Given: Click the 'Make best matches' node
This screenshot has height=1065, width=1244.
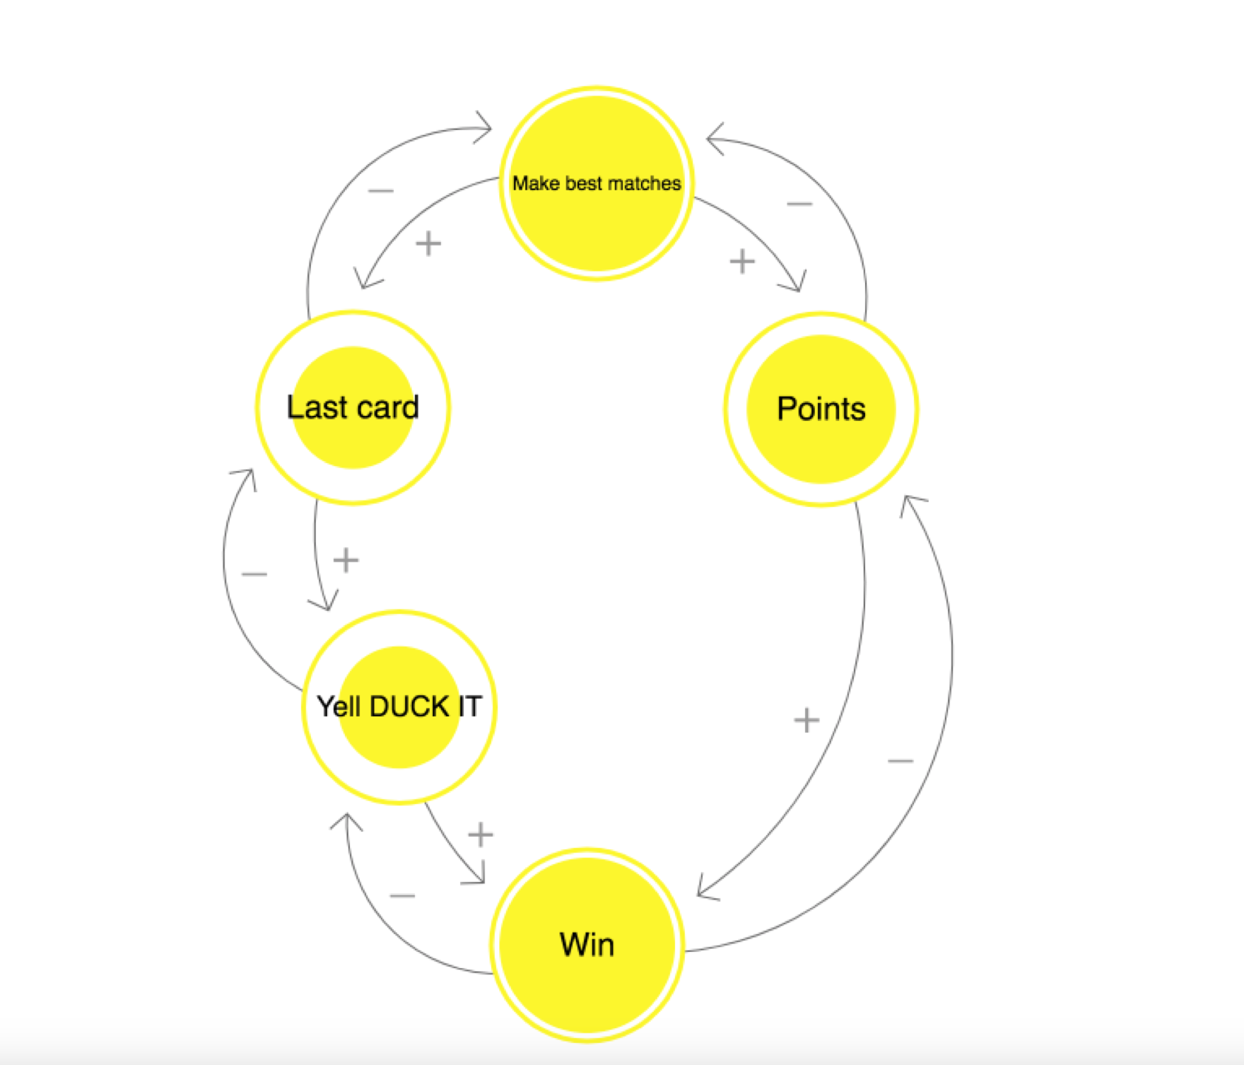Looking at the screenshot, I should pyautogui.click(x=597, y=183).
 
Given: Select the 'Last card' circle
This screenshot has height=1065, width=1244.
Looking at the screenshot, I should pyautogui.click(x=353, y=407).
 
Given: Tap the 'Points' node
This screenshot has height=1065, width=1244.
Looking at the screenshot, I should pyautogui.click(x=821, y=409).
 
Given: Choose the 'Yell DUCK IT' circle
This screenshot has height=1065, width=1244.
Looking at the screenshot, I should pyautogui.click(x=399, y=706).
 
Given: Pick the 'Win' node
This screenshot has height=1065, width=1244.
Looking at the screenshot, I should pyautogui.click(x=587, y=945).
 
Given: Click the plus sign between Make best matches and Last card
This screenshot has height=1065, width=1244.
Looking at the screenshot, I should pyautogui.click(x=428, y=244).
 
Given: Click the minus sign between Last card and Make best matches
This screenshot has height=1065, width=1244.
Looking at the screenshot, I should pyautogui.click(x=381, y=191).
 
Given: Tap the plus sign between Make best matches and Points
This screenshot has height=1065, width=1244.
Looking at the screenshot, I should pyautogui.click(x=742, y=261).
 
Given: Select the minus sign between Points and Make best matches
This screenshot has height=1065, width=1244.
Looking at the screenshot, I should pyautogui.click(x=799, y=204).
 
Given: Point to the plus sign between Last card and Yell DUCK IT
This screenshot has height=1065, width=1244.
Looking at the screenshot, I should pyautogui.click(x=346, y=560).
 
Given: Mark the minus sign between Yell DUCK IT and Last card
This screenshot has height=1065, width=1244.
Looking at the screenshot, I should pyautogui.click(x=254, y=574).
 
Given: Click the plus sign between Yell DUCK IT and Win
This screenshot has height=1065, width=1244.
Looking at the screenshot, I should pyautogui.click(x=481, y=834).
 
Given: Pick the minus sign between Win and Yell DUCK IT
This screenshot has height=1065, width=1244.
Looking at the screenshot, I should pyautogui.click(x=402, y=896).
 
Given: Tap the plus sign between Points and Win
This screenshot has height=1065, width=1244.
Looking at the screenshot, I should pyautogui.click(x=806, y=721).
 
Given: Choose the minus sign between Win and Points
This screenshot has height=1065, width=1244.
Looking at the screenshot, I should pyautogui.click(x=900, y=761).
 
